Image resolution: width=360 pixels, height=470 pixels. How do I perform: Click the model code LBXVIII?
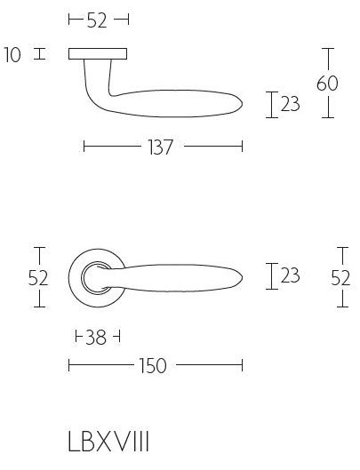[114, 443]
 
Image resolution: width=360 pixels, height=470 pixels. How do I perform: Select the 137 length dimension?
[162, 147]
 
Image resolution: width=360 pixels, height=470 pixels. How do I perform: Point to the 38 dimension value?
[96, 337]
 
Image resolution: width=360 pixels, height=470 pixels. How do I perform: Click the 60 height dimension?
[328, 84]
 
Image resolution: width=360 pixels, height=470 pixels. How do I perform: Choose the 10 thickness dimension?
[12, 54]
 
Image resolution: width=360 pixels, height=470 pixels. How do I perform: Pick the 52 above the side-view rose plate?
[98, 20]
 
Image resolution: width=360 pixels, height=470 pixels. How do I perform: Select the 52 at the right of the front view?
[340, 277]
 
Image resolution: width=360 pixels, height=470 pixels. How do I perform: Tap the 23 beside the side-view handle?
[290, 105]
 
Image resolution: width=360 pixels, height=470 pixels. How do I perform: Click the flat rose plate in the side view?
[98, 54]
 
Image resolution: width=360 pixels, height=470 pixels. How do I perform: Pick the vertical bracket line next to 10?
[38, 54]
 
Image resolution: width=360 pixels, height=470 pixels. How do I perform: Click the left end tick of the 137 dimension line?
[84, 147]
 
